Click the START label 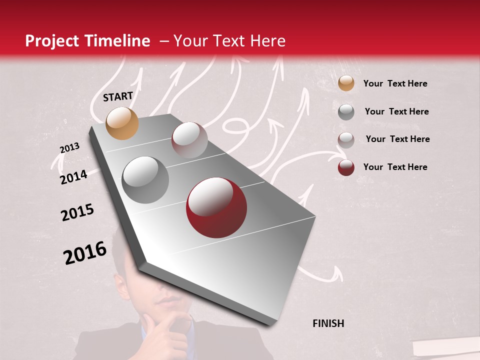tap(118, 96)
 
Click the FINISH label tap(328, 323)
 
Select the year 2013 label tap(69, 148)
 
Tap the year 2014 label tap(73, 177)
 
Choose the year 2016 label tap(85, 253)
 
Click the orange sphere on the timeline tap(122, 123)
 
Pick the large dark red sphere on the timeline tap(216, 208)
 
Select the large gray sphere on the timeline tap(145, 180)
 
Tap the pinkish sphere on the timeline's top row tap(189, 140)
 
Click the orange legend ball tap(346, 83)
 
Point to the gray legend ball tap(346, 111)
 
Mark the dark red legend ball tap(346, 167)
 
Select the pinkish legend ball tap(346, 139)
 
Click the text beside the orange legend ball tap(395, 83)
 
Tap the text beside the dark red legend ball tap(395, 167)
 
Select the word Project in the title tap(51, 41)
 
